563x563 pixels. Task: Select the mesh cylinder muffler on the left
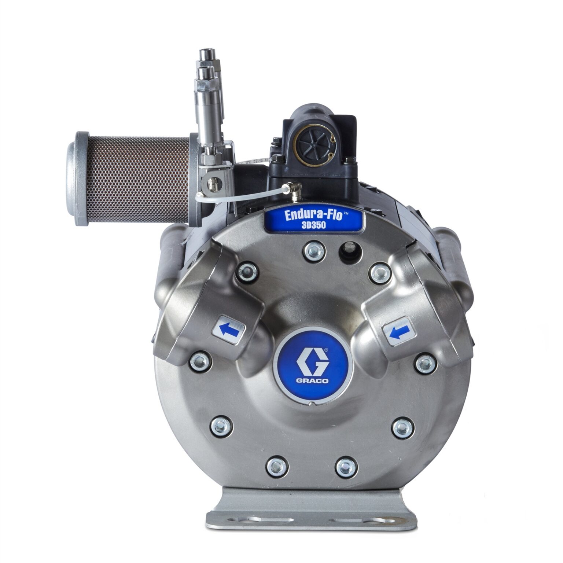coord(137,179)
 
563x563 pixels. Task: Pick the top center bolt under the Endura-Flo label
coord(314,251)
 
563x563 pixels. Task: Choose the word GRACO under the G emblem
coord(312,380)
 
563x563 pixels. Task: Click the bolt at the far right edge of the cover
coord(425,363)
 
